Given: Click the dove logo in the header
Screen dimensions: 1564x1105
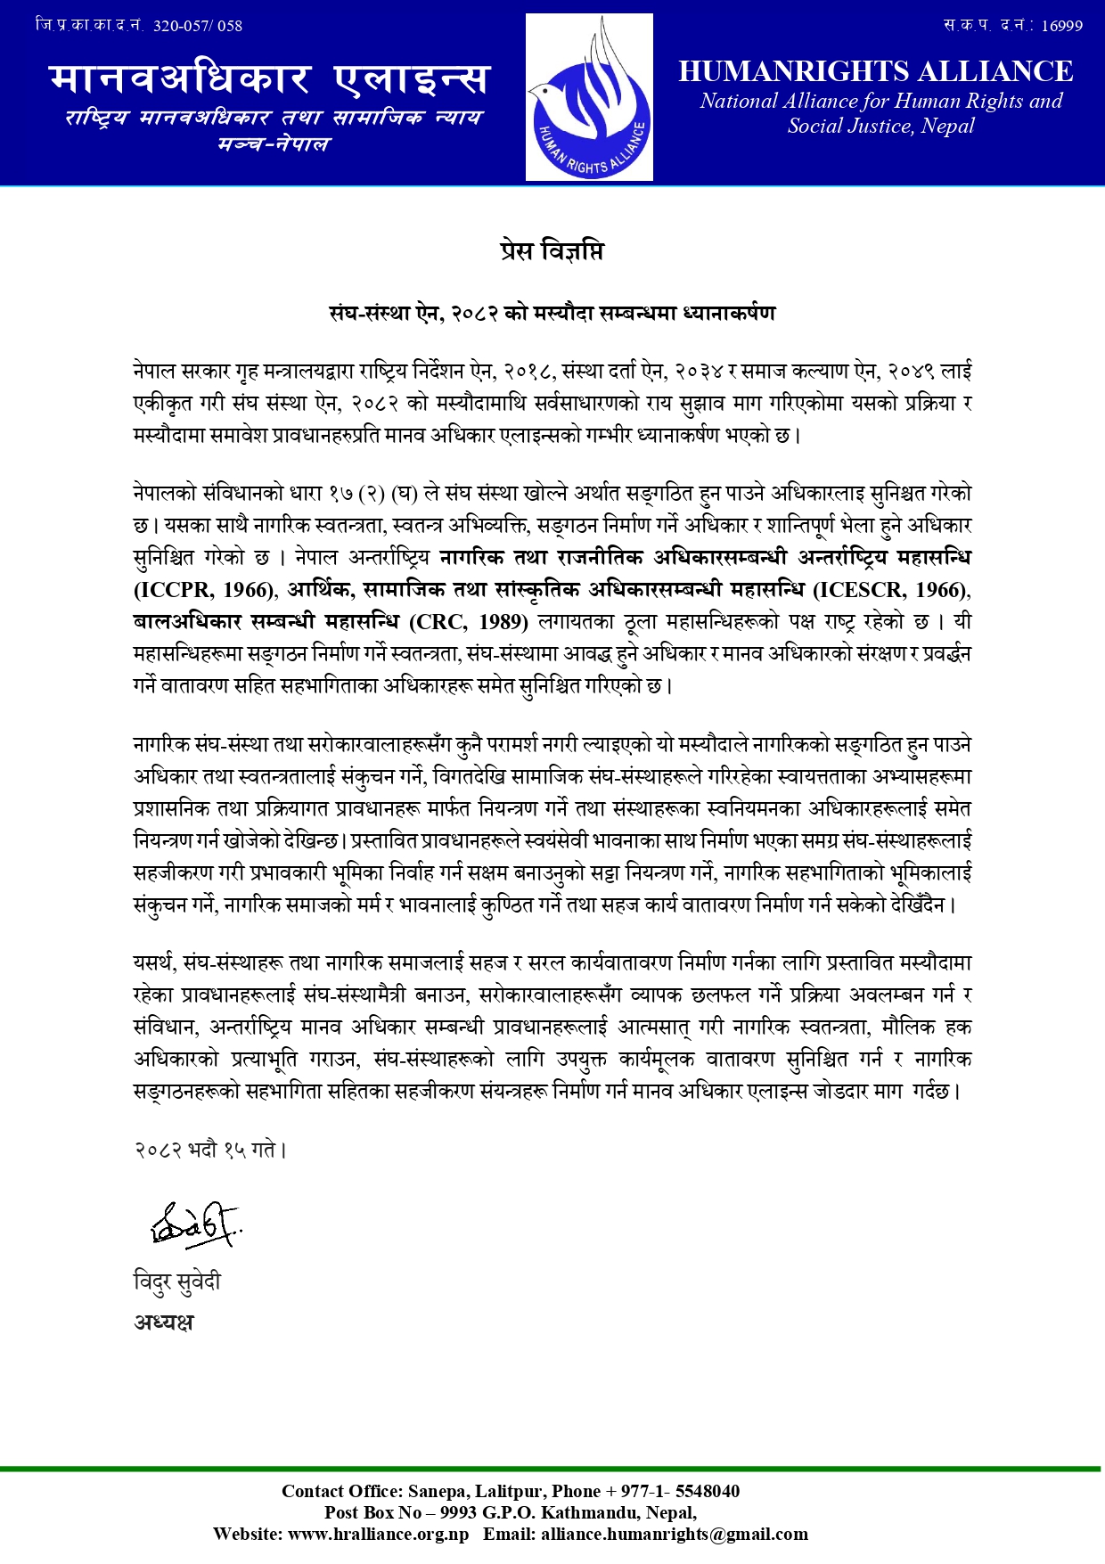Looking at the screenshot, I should (589, 97).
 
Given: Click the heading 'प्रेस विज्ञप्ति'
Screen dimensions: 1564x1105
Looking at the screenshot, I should (552, 252).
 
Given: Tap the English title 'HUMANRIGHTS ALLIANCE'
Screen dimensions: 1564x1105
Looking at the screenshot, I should (875, 71).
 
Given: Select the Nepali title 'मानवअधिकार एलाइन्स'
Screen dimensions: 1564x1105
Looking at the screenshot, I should (270, 79).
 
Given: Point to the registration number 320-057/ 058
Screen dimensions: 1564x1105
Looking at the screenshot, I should (198, 26).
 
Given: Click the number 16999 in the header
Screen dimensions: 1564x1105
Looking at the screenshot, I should (1061, 26).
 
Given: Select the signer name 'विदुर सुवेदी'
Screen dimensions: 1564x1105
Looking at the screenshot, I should (177, 1281).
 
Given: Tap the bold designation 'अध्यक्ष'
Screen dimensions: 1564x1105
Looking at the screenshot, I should (164, 1322).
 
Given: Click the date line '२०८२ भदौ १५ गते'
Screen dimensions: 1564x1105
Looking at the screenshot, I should (210, 1150).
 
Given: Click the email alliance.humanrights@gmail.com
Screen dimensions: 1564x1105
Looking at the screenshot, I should (674, 1534).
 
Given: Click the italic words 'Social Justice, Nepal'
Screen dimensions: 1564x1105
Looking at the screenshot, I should (880, 126).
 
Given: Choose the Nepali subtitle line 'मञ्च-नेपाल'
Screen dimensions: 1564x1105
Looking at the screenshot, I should (274, 143).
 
